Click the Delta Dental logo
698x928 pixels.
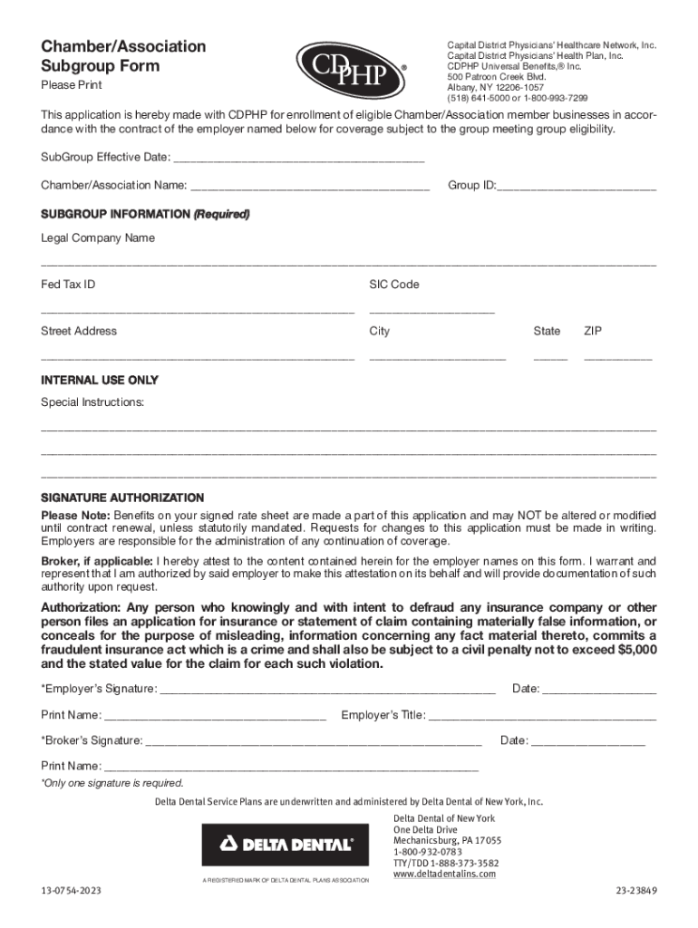286,845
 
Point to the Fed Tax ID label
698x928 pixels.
68,285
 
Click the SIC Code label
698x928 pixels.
393,285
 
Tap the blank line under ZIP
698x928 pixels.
617,358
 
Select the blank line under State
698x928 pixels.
550,358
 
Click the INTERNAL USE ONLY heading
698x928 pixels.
100,381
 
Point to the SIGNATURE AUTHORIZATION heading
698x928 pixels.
122,498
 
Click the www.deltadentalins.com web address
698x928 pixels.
444,874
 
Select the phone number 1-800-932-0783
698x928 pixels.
428,852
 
